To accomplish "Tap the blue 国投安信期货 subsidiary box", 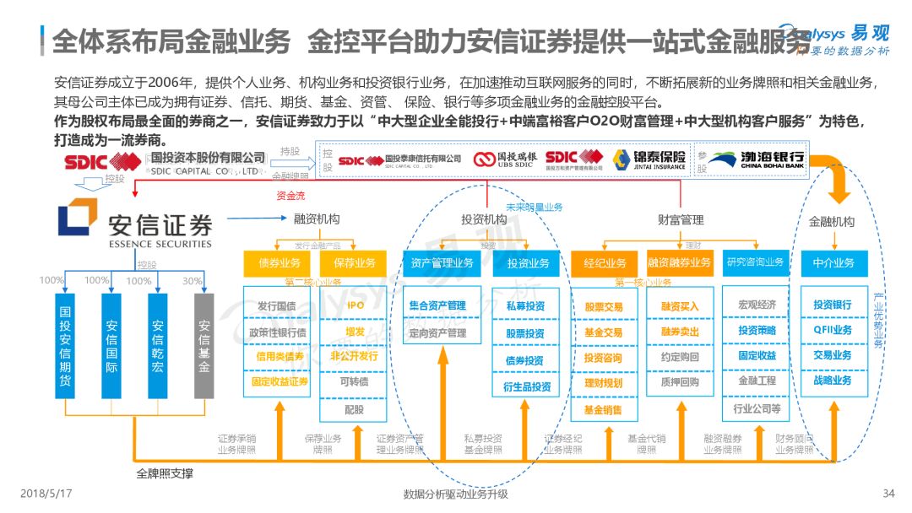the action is point(66,345).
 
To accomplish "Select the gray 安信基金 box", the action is point(204,345).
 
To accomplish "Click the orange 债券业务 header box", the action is point(276,263).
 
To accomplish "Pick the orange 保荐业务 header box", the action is point(354,263).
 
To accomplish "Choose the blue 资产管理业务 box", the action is point(442,263).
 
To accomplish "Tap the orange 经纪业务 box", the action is point(605,263).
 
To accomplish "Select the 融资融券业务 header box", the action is point(680,263).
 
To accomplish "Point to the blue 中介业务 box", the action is point(833,263).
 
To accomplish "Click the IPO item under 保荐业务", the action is point(355,305).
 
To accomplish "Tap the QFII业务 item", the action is point(833,330).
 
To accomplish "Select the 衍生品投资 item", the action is point(528,386).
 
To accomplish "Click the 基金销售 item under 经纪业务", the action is point(603,410).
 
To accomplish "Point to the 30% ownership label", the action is point(193,281).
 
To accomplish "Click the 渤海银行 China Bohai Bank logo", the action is point(757,159).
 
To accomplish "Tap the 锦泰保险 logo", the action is point(649,159).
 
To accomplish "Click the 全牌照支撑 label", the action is point(165,473).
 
